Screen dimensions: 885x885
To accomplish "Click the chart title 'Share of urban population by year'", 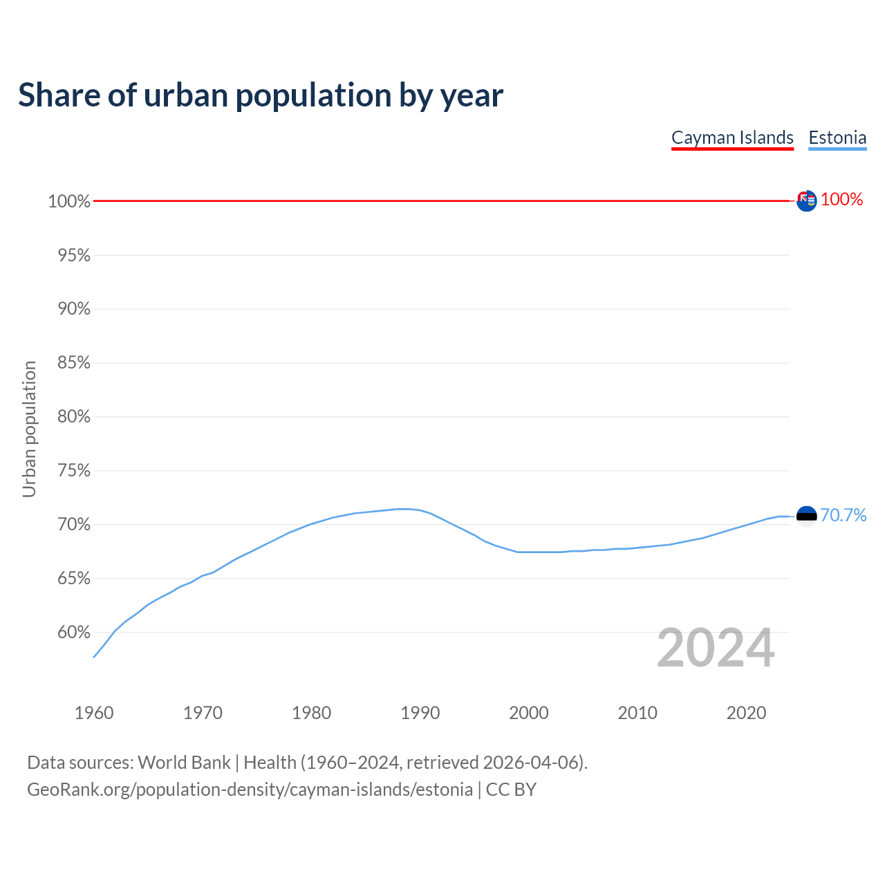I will coord(260,95).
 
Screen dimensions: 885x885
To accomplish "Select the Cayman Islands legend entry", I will coord(732,138).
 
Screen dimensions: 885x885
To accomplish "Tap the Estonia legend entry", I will coord(837,138).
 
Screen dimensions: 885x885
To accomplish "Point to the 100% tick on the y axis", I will coord(69,201).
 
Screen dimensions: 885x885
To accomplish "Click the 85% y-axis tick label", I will coord(74,363).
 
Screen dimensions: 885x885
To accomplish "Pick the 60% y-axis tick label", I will coord(74,632).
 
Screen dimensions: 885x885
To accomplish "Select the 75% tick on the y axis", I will coord(74,471).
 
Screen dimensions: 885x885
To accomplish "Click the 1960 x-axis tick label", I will coord(94,713).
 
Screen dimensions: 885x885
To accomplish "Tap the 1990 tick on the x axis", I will coord(420,713).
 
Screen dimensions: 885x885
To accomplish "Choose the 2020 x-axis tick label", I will coord(746,713).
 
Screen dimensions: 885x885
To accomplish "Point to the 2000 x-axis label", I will coord(529,713).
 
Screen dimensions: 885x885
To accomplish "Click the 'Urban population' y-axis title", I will coord(29,429).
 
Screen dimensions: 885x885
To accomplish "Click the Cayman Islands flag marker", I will coord(806,201).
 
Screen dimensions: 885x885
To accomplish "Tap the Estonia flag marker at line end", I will coord(806,516).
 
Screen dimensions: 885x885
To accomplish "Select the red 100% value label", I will coord(842,199).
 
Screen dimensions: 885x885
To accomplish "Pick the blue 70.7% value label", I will coord(844,515).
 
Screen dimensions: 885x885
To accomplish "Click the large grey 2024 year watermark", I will coord(716,648).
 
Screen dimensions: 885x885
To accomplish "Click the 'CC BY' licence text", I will coord(511,790).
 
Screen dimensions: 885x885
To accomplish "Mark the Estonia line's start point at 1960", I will coord(94,657).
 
